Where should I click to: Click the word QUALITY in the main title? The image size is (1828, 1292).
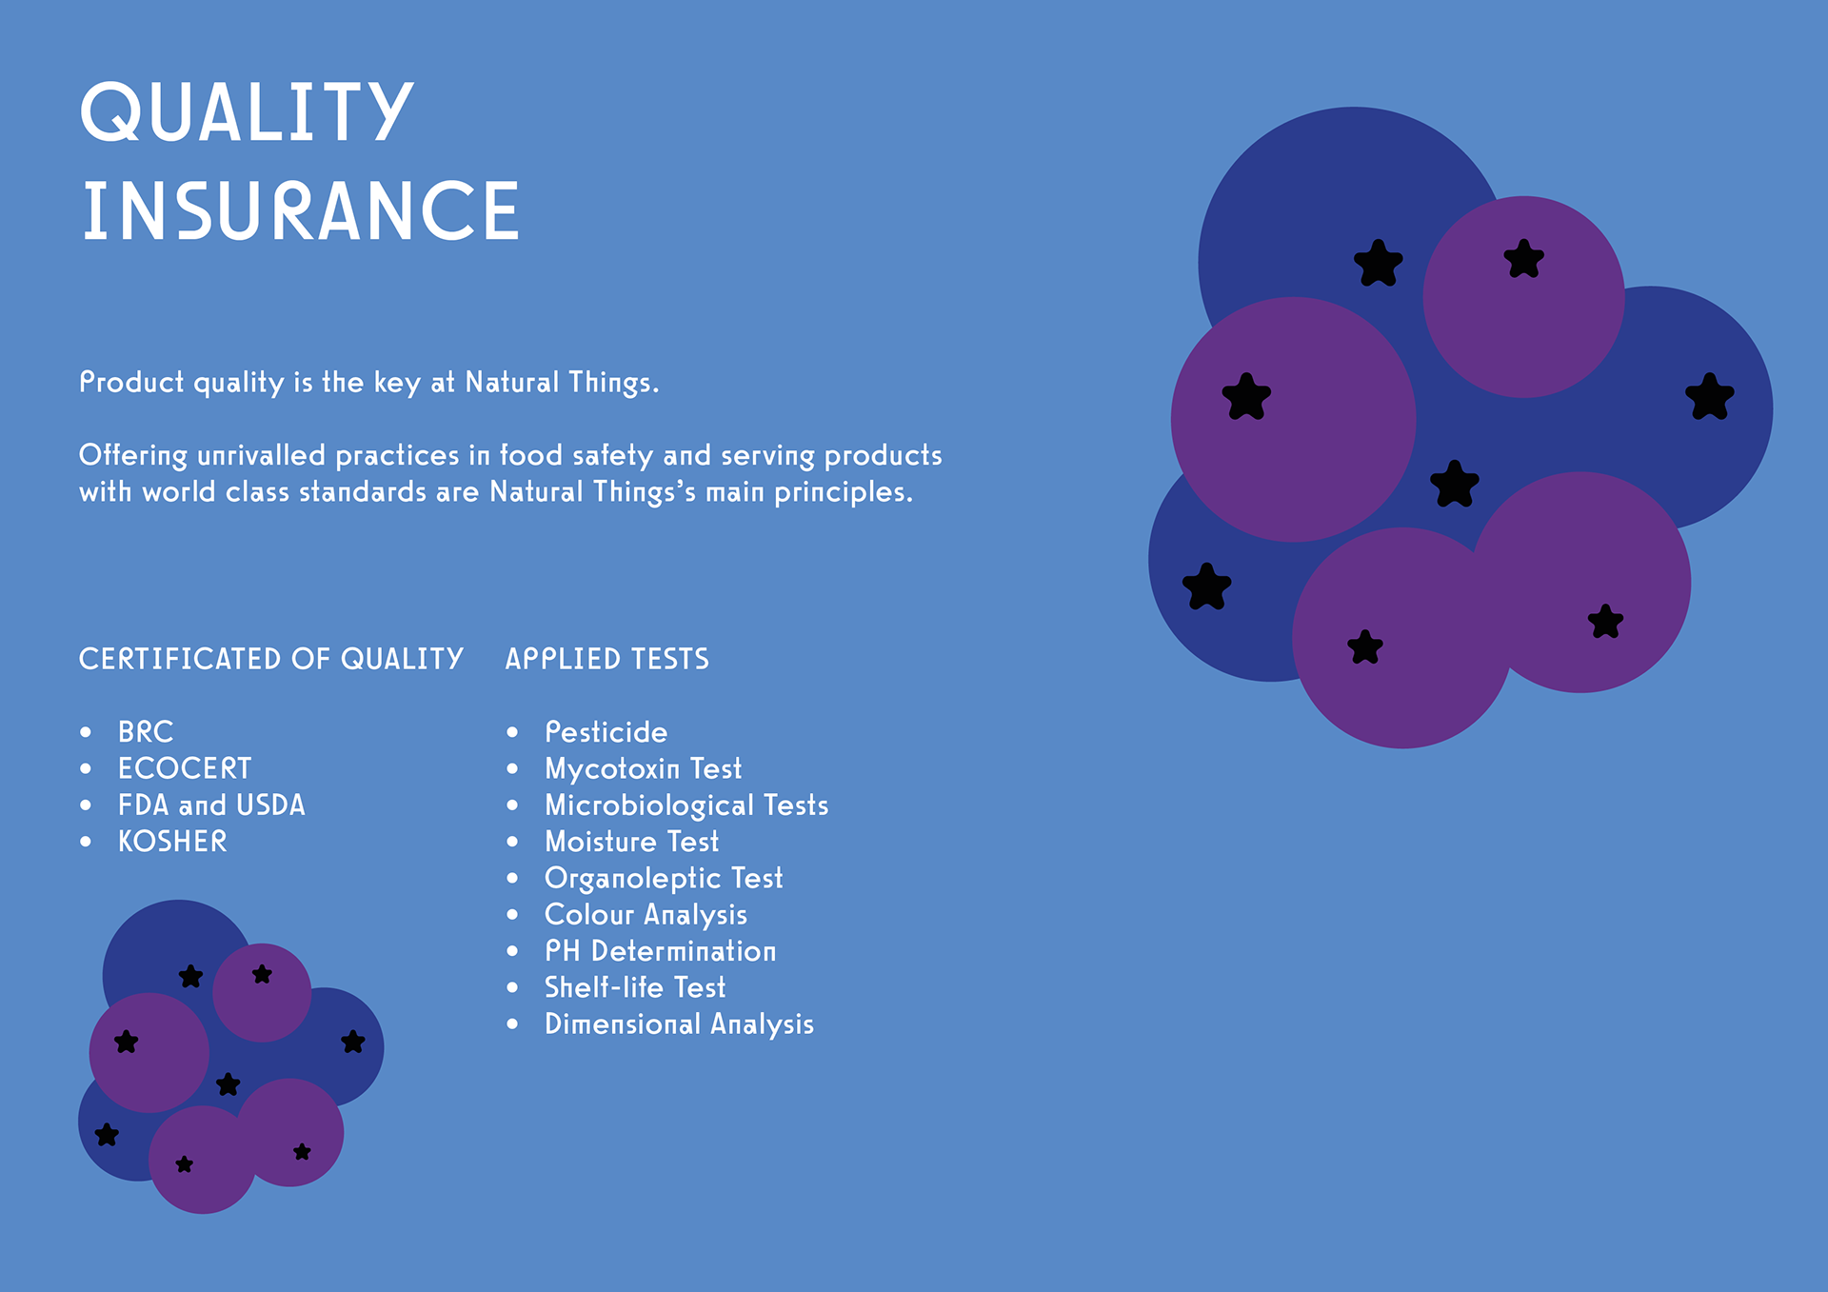pos(247,112)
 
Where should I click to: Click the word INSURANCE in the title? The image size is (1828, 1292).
pos(301,211)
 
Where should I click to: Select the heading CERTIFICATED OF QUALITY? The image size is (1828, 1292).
pos(271,659)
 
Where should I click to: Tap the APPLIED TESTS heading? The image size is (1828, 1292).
pos(607,659)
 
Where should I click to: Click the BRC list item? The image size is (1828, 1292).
pos(146,732)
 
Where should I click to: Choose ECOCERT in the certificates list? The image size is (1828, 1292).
pos(185,768)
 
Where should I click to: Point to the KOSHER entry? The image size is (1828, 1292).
pos(172,842)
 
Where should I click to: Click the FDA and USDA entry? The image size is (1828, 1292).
pos(211,805)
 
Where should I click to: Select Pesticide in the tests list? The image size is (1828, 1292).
pos(606,732)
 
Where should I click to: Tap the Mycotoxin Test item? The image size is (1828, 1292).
pos(643,769)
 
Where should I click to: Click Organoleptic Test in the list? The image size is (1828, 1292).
pos(664,879)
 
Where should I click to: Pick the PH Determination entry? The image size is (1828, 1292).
pos(660,951)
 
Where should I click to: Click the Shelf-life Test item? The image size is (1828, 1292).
pos(635,987)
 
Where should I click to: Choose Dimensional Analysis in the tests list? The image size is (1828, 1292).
pos(679,1024)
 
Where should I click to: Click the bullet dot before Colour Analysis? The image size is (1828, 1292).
pos(512,915)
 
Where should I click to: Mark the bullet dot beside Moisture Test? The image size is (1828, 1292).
pos(512,842)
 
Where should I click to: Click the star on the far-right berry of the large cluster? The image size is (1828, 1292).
pos(1710,396)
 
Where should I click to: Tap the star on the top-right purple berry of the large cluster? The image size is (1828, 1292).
pos(1523,259)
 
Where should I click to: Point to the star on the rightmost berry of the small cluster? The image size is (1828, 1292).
pos(353,1042)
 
